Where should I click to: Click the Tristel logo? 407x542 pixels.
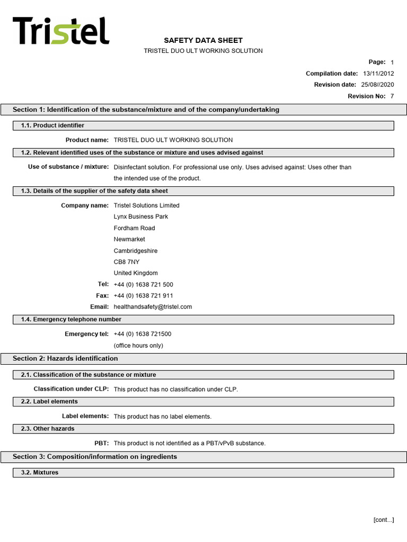pyautogui.click(x=60, y=31)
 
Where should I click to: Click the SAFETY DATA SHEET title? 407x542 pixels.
pyautogui.click(x=203, y=40)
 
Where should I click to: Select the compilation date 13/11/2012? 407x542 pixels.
pyautogui.click(x=378, y=74)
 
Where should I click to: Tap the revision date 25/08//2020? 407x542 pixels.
pyautogui.click(x=378, y=85)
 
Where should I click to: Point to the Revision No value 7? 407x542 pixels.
pyautogui.click(x=392, y=96)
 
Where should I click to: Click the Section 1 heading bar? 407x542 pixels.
pyautogui.click(x=146, y=110)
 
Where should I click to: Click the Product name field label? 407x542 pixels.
pyautogui.click(x=87, y=140)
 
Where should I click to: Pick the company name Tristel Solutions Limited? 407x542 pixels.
pyautogui.click(x=147, y=205)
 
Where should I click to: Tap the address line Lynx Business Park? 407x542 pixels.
pyautogui.click(x=141, y=216)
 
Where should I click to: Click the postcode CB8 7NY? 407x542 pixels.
pyautogui.click(x=127, y=262)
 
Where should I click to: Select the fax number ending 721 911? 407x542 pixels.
pyautogui.click(x=144, y=296)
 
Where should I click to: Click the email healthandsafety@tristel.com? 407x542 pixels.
pyautogui.click(x=153, y=307)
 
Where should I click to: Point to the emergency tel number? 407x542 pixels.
pyautogui.click(x=143, y=334)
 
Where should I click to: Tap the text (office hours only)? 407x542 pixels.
pyautogui.click(x=138, y=346)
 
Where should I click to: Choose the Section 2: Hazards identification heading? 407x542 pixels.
pyautogui.click(x=65, y=358)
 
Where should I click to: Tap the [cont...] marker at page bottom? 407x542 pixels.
pyautogui.click(x=383, y=520)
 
